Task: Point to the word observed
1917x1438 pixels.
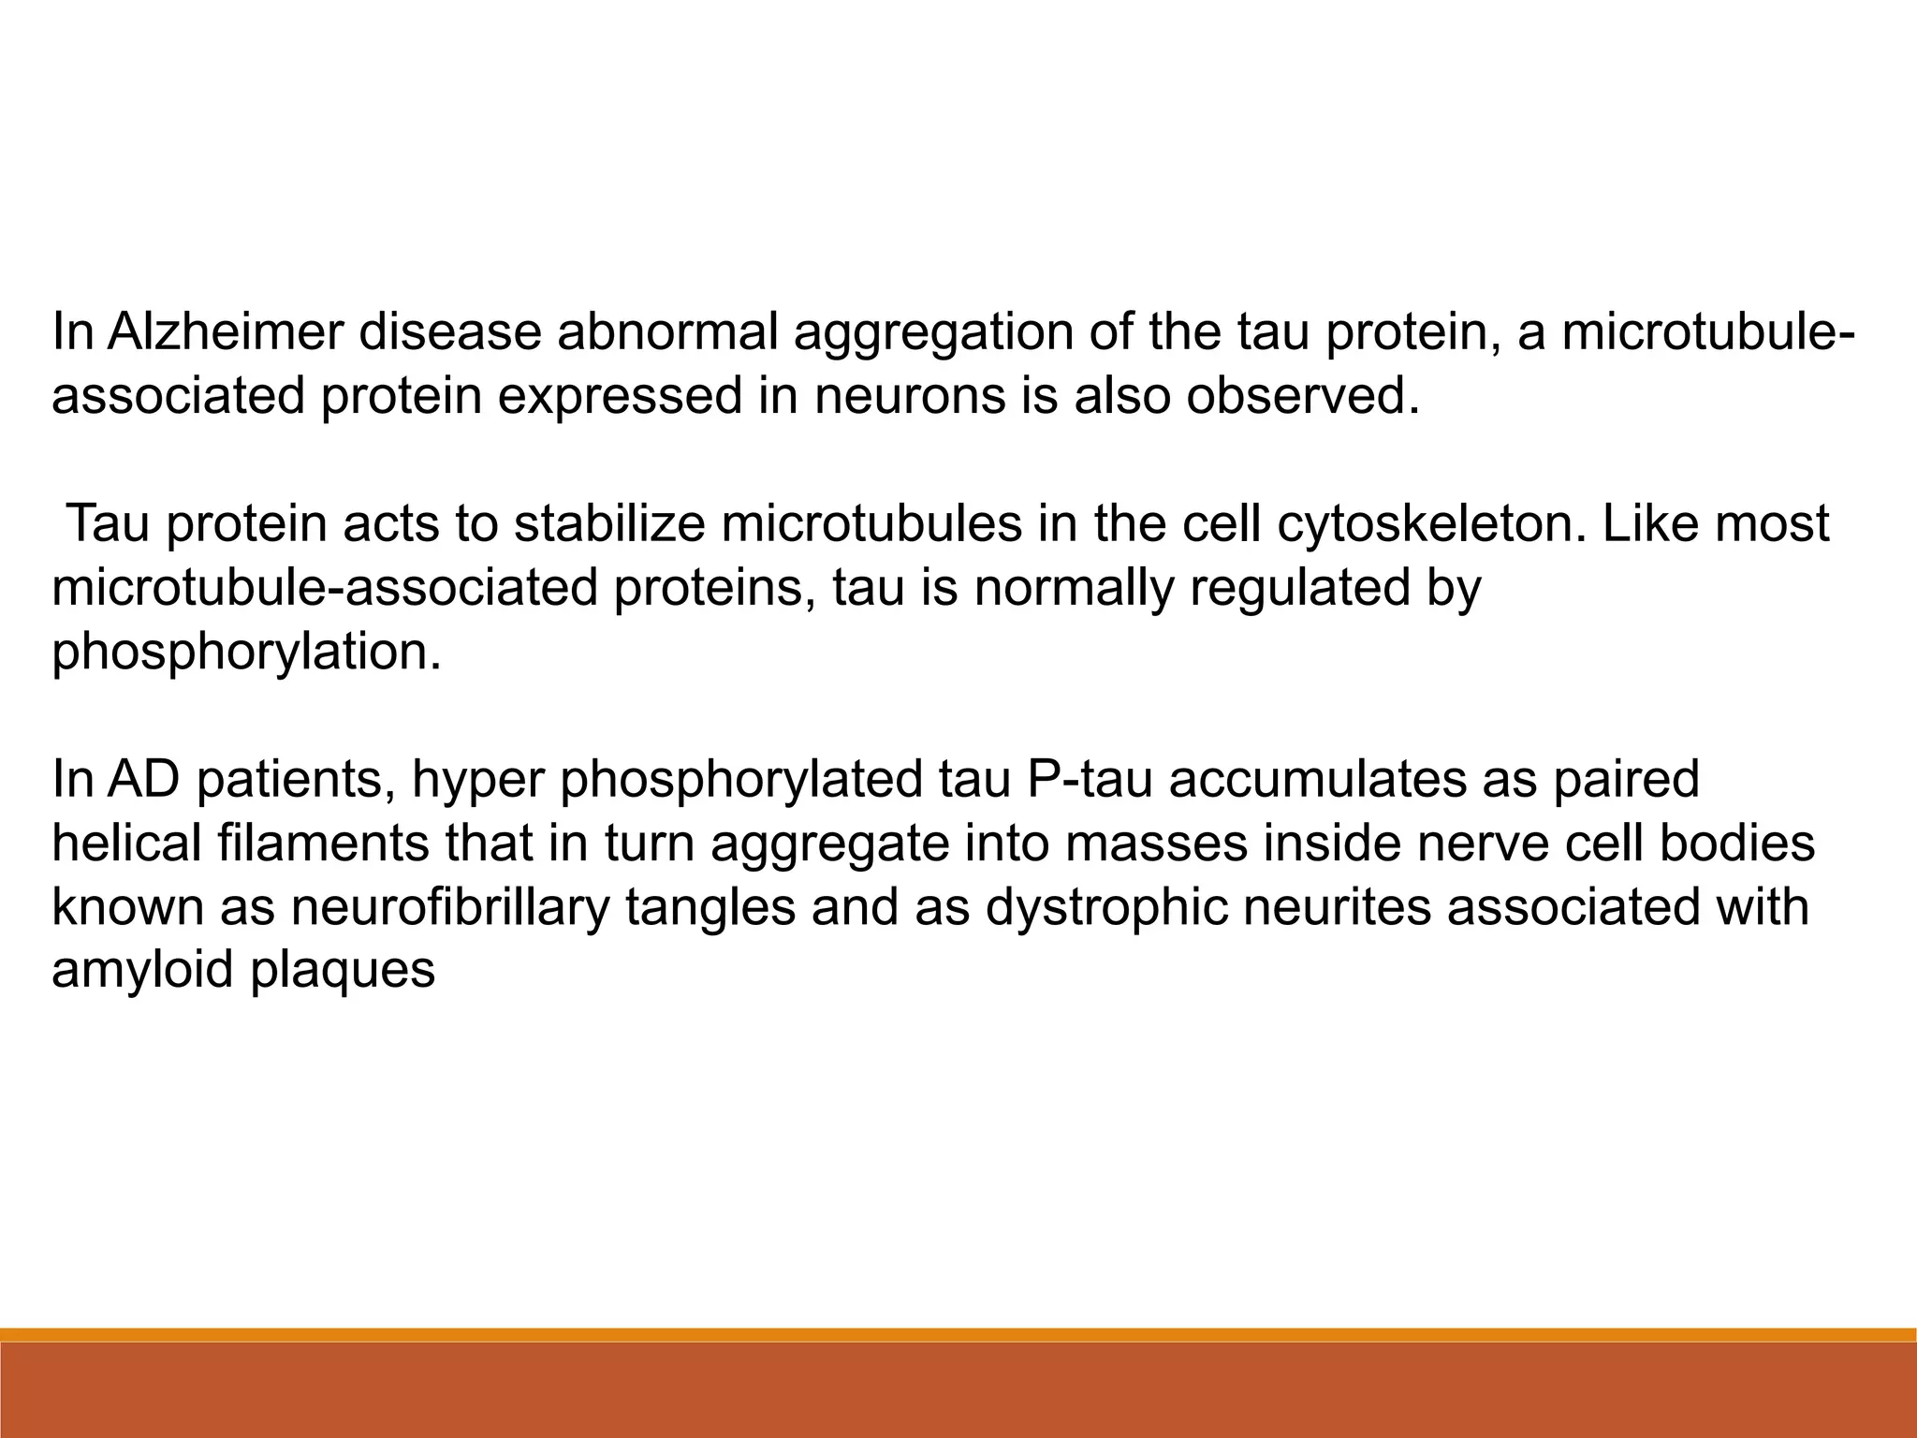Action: click(1302, 396)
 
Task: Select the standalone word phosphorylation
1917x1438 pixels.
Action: click(245, 652)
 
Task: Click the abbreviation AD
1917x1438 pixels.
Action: click(142, 779)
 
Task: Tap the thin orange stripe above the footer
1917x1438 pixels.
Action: click(958, 1334)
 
